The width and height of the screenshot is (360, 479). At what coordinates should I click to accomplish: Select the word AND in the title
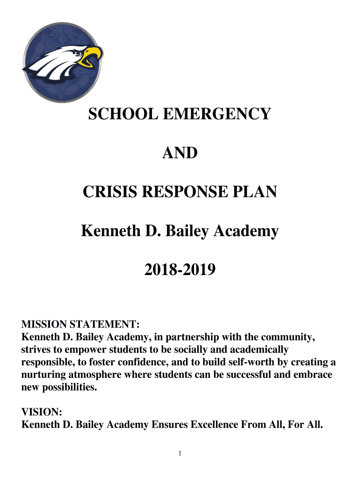click(180, 152)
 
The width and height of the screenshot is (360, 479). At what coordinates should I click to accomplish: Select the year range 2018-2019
click(180, 269)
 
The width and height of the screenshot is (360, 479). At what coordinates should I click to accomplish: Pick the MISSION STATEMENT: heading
click(81, 324)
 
